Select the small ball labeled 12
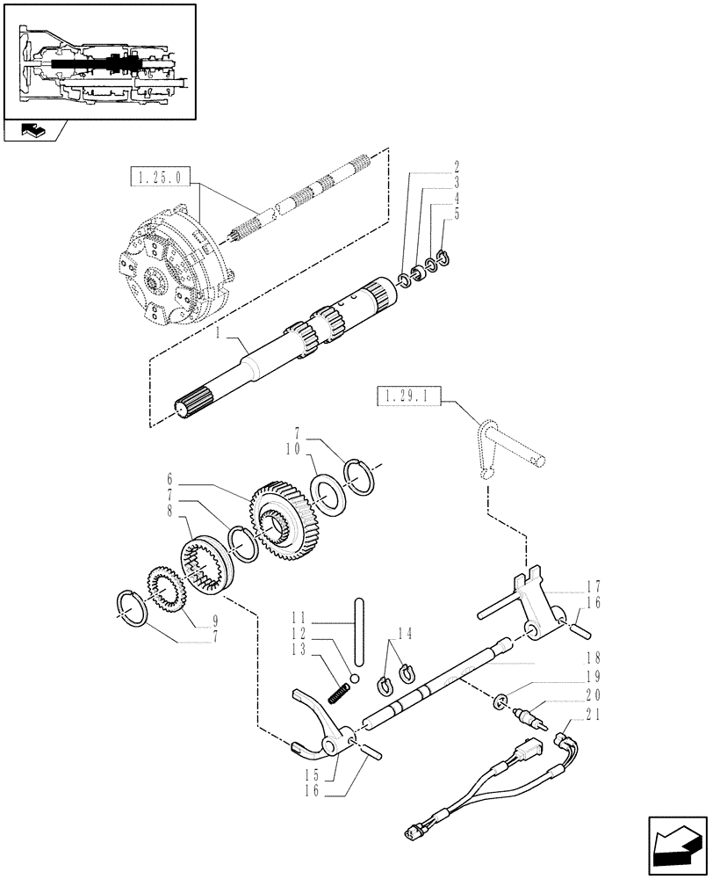(354, 677)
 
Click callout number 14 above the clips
(405, 631)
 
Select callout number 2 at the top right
(457, 165)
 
